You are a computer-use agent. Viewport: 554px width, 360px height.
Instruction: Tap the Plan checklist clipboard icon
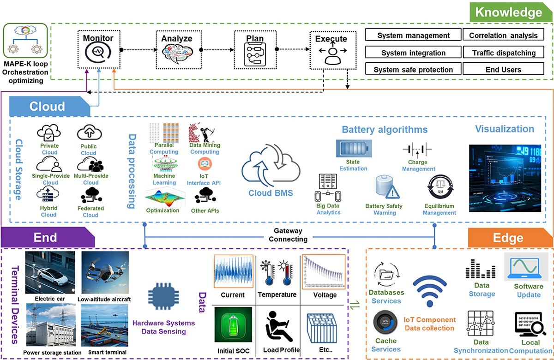[255, 56]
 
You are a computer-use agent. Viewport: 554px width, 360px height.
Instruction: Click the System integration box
[413, 53]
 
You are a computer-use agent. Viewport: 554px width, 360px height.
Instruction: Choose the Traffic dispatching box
[504, 53]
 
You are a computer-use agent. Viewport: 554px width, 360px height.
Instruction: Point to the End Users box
[504, 70]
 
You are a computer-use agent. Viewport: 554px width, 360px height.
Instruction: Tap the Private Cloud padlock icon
[49, 133]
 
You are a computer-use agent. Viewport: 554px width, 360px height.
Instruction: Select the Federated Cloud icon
[90, 196]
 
